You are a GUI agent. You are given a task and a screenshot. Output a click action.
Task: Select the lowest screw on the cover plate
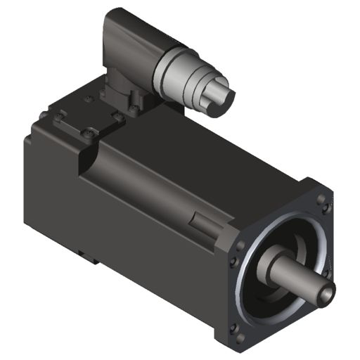tap(87, 133)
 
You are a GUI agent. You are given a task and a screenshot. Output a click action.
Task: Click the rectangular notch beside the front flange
tap(200, 226)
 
